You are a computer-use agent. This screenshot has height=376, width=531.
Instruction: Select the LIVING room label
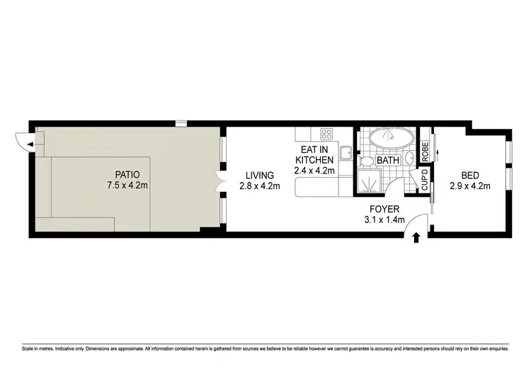coord(260,175)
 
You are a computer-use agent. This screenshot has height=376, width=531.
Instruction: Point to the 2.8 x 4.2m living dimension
coord(260,186)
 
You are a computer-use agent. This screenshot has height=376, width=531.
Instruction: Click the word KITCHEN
coord(314,160)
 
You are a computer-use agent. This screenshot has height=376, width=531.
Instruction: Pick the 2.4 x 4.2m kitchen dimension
coord(314,171)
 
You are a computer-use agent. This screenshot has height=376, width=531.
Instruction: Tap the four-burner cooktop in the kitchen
coord(327,134)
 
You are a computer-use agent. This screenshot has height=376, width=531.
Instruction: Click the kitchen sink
coord(345,154)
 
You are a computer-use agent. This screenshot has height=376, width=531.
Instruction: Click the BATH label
coord(388,161)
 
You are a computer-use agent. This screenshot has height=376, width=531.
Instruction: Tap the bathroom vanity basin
coord(410,158)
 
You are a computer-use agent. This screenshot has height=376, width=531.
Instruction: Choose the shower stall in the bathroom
coord(369,183)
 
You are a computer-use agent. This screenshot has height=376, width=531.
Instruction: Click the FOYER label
coord(384,210)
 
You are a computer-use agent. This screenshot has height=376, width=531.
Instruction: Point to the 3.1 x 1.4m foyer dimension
coord(384,220)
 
